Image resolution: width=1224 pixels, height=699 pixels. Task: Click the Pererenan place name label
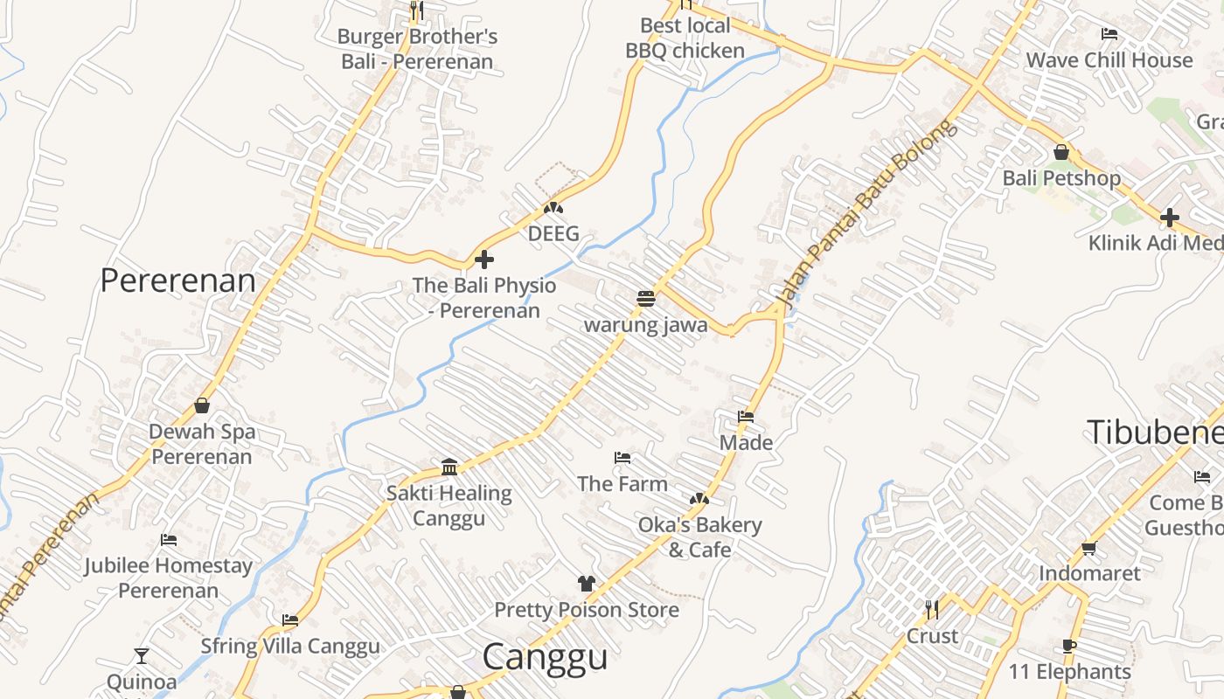click(177, 280)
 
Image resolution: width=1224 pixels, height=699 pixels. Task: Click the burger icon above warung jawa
click(646, 299)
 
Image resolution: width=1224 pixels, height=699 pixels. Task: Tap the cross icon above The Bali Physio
click(483, 260)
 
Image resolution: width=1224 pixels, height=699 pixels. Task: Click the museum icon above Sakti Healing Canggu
click(449, 467)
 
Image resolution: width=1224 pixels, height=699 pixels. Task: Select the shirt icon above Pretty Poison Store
click(586, 584)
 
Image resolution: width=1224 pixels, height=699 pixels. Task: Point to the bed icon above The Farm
click(622, 458)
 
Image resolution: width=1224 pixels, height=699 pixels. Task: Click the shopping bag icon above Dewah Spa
click(202, 405)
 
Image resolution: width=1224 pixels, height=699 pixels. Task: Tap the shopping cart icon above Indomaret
click(1088, 548)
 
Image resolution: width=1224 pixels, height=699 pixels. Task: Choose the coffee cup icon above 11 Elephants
click(1068, 646)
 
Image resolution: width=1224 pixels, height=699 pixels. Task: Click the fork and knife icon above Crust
click(932, 609)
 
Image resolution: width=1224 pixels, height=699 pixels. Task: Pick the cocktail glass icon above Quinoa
click(142, 655)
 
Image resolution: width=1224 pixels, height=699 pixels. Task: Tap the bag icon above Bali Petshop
click(1061, 152)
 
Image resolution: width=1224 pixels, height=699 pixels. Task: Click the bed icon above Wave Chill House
click(1109, 34)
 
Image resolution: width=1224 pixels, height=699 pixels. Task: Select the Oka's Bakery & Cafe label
click(699, 536)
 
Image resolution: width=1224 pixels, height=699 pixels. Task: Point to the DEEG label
click(553, 233)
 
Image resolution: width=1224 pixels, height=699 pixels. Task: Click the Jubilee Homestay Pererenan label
click(168, 578)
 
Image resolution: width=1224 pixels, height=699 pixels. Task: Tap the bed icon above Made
click(746, 417)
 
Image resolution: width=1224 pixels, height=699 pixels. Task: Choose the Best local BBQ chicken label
click(685, 38)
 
